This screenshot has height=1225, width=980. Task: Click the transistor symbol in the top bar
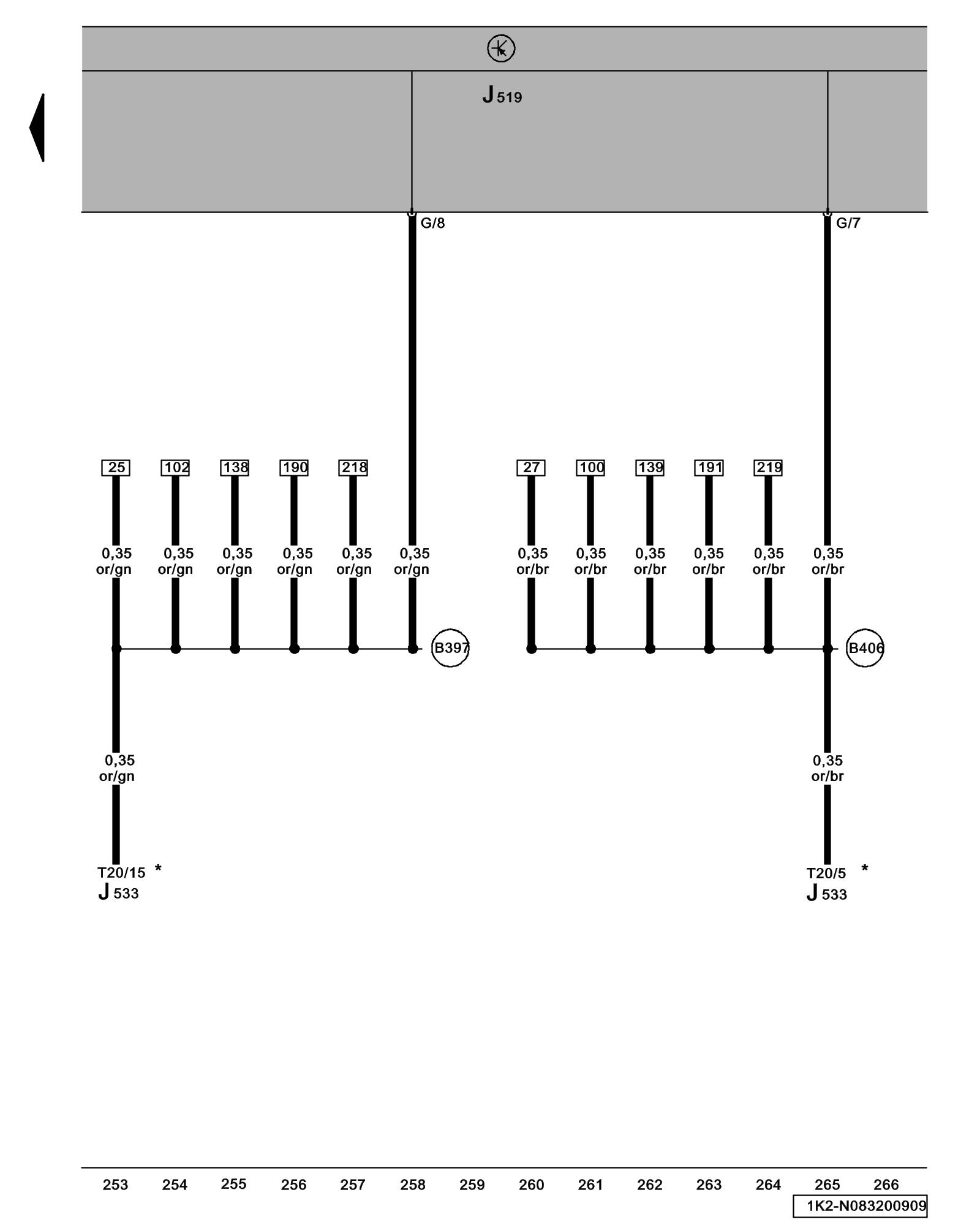[500, 48]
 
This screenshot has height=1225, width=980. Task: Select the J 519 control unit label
[502, 96]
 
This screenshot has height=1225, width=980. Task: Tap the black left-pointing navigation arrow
[38, 127]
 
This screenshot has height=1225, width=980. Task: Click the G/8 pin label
[432, 224]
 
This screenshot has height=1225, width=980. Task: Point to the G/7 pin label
[848, 224]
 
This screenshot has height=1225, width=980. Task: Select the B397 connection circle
[450, 647]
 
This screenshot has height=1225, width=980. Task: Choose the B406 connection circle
[865, 647]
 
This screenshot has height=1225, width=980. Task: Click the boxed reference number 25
[116, 468]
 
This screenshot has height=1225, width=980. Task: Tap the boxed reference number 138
[235, 468]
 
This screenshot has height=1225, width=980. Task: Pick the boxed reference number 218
[353, 468]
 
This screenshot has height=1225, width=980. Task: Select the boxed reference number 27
[531, 468]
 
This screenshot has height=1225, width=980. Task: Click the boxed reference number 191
[709, 468]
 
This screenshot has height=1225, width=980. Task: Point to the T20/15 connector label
[121, 873]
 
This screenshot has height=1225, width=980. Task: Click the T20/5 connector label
[826, 873]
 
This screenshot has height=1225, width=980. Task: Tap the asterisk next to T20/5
[864, 869]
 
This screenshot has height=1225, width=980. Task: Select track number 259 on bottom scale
[472, 1185]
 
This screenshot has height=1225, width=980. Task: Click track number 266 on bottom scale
[886, 1185]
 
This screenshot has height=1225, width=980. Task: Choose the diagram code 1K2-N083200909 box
[860, 1206]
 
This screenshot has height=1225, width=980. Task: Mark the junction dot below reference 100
[590, 649]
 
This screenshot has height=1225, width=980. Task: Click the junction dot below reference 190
[294, 649]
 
